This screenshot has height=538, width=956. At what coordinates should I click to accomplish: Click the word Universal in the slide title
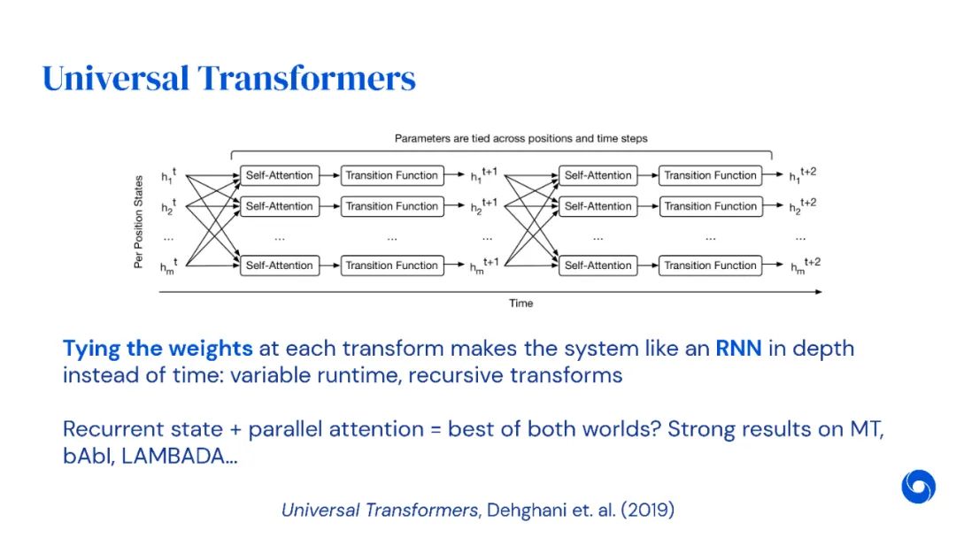coord(116,79)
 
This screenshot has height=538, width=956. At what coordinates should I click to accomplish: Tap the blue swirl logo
coord(918,486)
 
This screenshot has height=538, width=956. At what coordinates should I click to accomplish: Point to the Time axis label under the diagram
coord(520,304)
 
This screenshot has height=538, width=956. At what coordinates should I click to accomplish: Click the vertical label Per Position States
coord(138,221)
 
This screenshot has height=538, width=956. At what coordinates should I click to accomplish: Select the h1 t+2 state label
coord(802,175)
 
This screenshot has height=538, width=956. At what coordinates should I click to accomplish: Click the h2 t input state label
coord(168,207)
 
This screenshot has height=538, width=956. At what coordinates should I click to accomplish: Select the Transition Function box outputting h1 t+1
coord(391,175)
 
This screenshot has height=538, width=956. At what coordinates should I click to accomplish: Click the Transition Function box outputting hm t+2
coord(711,265)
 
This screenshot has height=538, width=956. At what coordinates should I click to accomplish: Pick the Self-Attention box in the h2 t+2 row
coord(597,206)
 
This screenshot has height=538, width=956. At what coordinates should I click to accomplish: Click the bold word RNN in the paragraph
coord(738,348)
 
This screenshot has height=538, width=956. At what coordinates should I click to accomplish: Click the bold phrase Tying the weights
coord(158,348)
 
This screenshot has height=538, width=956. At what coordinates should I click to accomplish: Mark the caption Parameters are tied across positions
coord(520,138)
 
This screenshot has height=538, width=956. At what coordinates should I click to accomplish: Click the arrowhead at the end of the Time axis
coord(818,291)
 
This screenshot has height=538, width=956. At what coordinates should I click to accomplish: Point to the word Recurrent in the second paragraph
coord(112,429)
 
